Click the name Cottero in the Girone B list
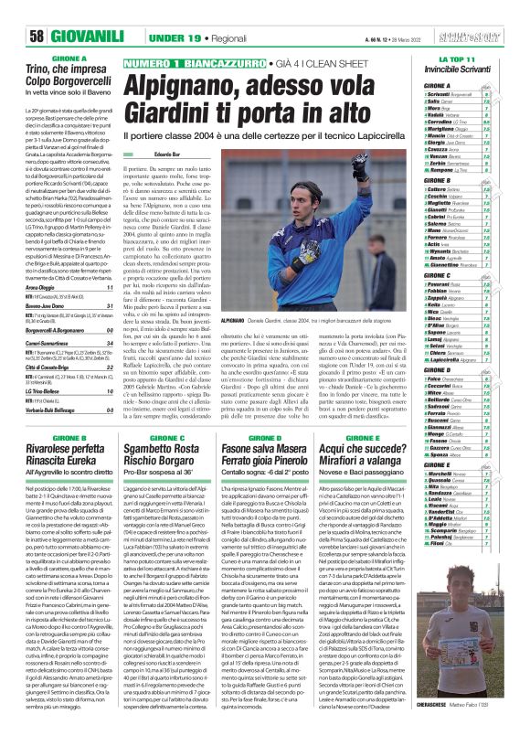pyautogui.click(x=441, y=189)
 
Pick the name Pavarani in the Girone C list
pyautogui.click(x=443, y=285)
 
